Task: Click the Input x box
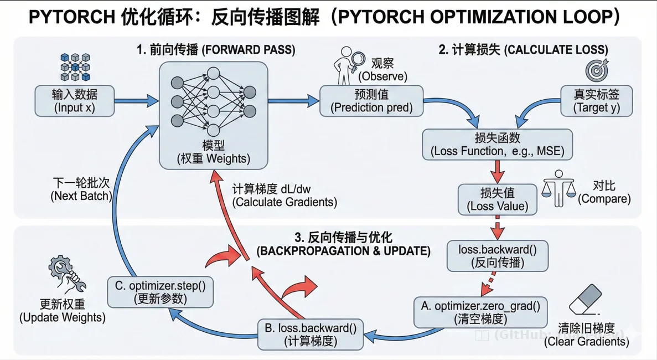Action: [x=75, y=100]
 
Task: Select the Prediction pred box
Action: [x=371, y=100]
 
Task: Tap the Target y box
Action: [x=596, y=100]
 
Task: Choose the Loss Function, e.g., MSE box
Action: [x=496, y=144]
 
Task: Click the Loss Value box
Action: [x=498, y=199]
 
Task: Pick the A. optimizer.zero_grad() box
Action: [x=480, y=312]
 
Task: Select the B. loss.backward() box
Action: [x=311, y=334]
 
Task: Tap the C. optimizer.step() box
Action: [x=160, y=292]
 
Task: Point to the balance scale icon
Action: [x=557, y=189]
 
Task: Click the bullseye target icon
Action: [x=597, y=70]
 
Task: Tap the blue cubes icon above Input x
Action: [x=75, y=68]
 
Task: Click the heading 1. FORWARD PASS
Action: [x=216, y=50]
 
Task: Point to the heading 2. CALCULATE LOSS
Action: [x=523, y=50]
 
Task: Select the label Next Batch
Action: [x=81, y=189]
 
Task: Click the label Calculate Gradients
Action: [x=284, y=196]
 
